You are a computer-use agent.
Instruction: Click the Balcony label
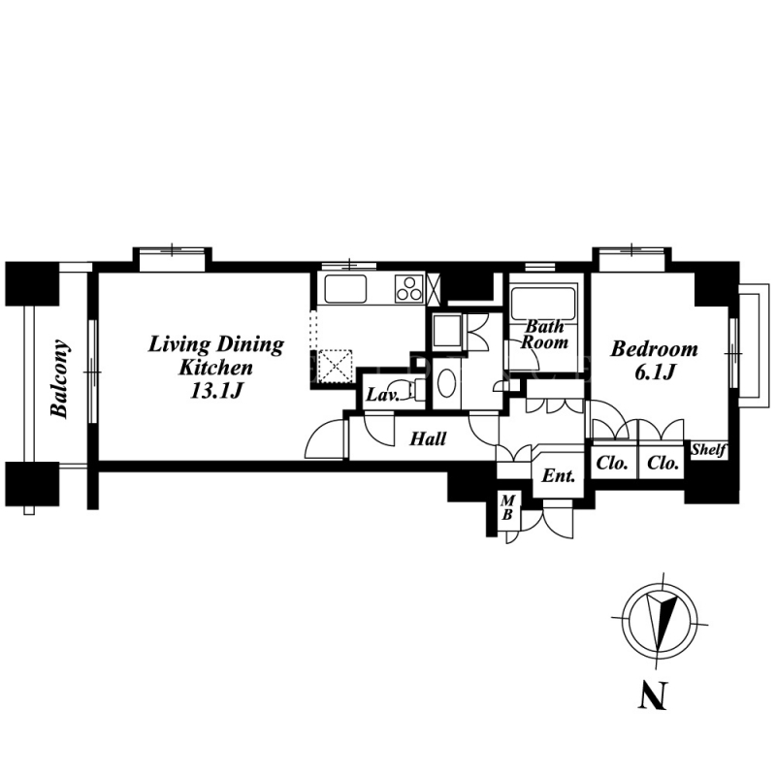coord(59,378)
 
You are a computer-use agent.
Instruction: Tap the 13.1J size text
coord(216,391)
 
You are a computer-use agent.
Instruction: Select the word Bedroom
coord(654,349)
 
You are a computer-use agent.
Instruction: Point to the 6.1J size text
coord(654,372)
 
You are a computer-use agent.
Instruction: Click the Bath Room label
coord(544,334)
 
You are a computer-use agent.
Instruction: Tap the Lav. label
coord(382,395)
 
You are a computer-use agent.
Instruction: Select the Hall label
coord(428,438)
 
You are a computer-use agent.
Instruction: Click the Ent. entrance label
coord(559,476)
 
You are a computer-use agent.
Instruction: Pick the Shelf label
coord(709,450)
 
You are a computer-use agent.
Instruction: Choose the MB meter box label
coord(507,507)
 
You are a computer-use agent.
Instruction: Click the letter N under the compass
coord(652,695)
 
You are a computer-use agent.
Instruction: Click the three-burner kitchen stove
coord(409,288)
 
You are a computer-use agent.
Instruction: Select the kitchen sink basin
coord(345,288)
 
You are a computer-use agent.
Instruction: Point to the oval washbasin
coord(448,382)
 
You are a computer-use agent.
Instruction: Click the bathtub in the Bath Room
coord(543,304)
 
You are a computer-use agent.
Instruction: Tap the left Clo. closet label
coord(612,464)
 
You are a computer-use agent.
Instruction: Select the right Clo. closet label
coord(663,464)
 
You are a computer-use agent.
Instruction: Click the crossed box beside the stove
coord(433,287)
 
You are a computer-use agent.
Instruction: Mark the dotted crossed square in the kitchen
coord(335,366)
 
